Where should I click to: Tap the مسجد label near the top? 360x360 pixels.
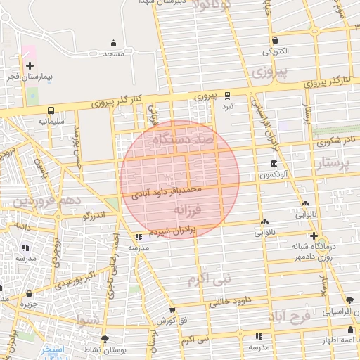pos(113,53)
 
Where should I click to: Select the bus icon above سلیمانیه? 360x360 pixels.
pos(51,110)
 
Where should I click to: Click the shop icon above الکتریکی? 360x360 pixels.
pos(274,40)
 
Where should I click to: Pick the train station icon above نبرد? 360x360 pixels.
pos(227,95)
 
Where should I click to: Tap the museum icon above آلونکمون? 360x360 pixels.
pos(274,164)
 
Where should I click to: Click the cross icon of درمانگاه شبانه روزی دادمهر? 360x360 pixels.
pos(314,236)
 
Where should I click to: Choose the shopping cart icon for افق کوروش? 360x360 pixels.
pos(173,310)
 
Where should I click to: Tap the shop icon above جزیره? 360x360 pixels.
pos(29,293)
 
